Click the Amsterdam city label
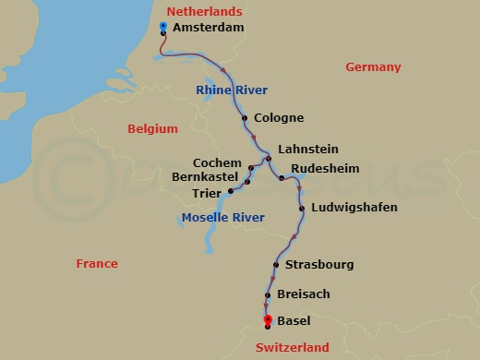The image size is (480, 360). click(x=210, y=30)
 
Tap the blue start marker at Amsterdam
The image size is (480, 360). click(x=163, y=26)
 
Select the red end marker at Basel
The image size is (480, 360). click(x=267, y=319)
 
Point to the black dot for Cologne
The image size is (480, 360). click(x=245, y=118)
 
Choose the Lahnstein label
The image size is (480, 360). click(x=307, y=149)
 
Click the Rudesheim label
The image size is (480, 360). click(x=324, y=169)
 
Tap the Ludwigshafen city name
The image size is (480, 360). click(x=354, y=208)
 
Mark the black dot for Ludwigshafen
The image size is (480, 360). click(x=302, y=209)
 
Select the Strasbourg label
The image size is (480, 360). click(x=319, y=265)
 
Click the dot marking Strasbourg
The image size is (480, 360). click(x=276, y=266)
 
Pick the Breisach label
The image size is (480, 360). click(x=304, y=294)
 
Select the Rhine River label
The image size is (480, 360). click(x=232, y=90)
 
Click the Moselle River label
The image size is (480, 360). click(x=222, y=218)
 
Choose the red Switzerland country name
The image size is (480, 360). click(x=292, y=348)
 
